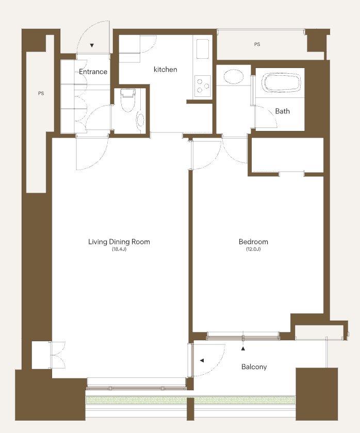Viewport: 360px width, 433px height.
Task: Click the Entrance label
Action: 93,72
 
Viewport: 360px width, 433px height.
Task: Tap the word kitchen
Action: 165,69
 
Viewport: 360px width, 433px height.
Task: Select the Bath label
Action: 282,111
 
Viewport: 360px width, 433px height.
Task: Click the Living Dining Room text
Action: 119,242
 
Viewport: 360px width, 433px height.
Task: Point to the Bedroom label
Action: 253,242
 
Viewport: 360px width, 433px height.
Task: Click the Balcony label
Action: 254,367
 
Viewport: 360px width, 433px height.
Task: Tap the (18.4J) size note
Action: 119,249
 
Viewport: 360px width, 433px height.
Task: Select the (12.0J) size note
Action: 253,249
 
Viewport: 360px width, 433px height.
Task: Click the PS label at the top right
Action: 257,44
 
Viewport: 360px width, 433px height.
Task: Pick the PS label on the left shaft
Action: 41,93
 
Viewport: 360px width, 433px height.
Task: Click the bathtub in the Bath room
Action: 282,82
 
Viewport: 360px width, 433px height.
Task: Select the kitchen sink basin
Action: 203,48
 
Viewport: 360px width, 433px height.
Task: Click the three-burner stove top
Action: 203,86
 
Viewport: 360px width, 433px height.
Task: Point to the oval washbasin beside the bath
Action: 234,76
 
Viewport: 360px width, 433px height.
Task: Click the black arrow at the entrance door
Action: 92,45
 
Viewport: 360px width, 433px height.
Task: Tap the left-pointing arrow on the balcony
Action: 202,360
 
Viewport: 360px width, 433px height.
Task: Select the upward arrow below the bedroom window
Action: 243,349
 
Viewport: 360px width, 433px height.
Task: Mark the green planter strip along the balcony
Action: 190,400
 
